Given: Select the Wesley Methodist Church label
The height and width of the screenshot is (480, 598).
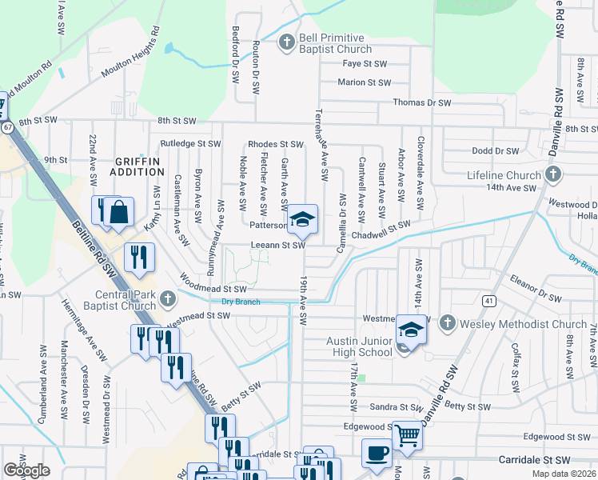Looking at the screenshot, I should tap(523, 324).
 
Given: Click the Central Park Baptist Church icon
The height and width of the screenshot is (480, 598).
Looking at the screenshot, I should tap(167, 299).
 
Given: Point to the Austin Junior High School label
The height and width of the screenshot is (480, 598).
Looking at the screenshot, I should tap(359, 346).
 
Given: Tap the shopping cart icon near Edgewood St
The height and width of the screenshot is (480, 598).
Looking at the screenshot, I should tap(408, 436).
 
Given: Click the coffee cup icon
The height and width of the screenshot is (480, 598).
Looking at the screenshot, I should tap(377, 453).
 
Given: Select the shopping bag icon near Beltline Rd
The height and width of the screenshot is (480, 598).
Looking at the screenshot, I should tap(118, 213).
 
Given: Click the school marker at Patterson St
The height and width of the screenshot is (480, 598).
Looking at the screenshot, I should tap(302, 219).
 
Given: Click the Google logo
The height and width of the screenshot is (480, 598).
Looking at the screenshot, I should tap(26, 470).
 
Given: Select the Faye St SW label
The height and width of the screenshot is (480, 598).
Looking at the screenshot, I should tap(364, 63).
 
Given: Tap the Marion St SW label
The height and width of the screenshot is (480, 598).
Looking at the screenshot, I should tap(364, 82).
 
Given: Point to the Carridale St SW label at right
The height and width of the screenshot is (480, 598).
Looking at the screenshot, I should tap(536, 461).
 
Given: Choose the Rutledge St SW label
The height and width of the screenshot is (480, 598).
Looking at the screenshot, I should tap(190, 144).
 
